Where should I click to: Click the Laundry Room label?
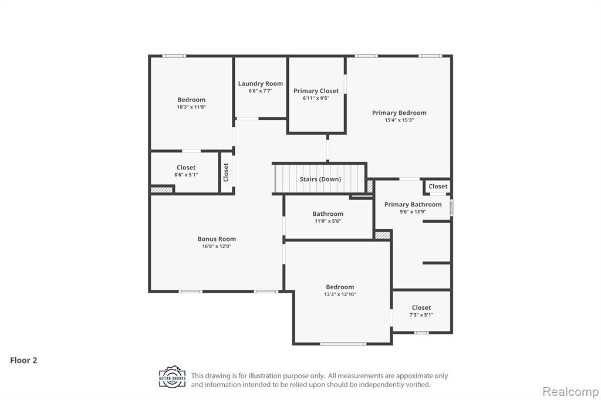tap(260, 83)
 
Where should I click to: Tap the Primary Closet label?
tap(316, 91)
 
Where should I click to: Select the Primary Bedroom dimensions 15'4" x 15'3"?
tap(399, 120)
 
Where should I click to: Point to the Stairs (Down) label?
tap(320, 179)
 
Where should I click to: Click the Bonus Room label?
tap(217, 239)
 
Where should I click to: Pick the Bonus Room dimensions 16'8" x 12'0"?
tap(217, 246)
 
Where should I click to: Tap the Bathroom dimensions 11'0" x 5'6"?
tap(327, 221)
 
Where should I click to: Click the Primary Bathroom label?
tap(413, 204)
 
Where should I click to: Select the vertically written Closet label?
tap(226, 172)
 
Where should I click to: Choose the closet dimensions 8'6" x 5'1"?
tap(186, 175)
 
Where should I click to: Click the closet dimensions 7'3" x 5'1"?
tap(421, 315)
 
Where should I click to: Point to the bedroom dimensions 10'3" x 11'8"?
tap(191, 107)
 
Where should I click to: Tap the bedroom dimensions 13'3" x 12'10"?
tap(340, 294)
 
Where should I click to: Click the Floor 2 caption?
tap(23, 360)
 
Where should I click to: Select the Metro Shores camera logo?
tap(173, 377)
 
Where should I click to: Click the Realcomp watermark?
tap(570, 392)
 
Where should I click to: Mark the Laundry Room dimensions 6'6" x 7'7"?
tap(260, 91)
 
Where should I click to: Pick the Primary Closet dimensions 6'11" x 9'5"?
tap(316, 98)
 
